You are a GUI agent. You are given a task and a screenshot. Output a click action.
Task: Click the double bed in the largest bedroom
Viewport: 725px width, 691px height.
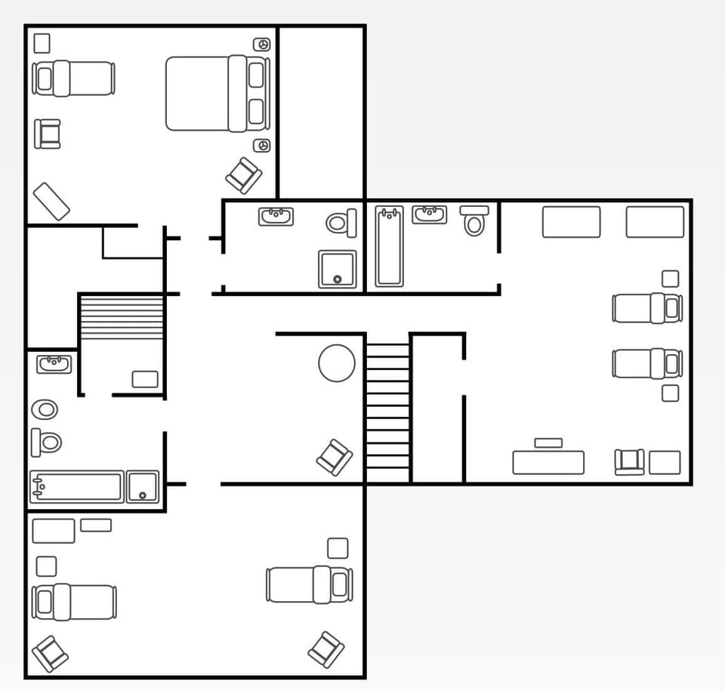pyautogui.click(x=217, y=94)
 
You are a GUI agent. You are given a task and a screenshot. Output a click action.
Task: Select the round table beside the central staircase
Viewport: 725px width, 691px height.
pyautogui.click(x=337, y=363)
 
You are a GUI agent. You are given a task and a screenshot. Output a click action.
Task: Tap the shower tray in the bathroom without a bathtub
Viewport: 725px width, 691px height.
pyautogui.click(x=337, y=269)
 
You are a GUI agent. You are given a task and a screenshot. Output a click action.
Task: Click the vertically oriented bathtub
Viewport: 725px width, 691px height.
pyautogui.click(x=390, y=246)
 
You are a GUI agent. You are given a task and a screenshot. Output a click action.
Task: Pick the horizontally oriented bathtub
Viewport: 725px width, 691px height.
pyautogui.click(x=76, y=487)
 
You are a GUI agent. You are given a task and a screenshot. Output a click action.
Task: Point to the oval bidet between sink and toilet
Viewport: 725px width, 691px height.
pyautogui.click(x=45, y=409)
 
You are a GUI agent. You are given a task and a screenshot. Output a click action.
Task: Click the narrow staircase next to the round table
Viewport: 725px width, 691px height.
pyautogui.click(x=388, y=408)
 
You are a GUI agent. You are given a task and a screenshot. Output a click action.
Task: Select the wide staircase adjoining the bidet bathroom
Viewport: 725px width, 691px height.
pyautogui.click(x=122, y=317)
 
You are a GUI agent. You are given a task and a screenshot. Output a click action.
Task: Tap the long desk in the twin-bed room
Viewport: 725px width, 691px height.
pyautogui.click(x=548, y=462)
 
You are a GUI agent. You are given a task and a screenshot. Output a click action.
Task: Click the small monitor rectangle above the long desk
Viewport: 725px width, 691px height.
pyautogui.click(x=548, y=443)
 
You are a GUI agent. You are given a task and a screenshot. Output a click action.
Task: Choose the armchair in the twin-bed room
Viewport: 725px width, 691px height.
pyautogui.click(x=629, y=461)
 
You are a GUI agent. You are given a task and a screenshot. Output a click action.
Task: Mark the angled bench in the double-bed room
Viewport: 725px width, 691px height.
pyautogui.click(x=52, y=201)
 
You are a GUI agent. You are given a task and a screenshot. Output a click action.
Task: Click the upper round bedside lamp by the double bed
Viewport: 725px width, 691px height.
pyautogui.click(x=261, y=45)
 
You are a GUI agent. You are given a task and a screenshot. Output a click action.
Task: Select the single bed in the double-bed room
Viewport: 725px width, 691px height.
pyautogui.click(x=73, y=79)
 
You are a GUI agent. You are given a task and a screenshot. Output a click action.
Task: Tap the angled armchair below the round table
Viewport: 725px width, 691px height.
pyautogui.click(x=335, y=457)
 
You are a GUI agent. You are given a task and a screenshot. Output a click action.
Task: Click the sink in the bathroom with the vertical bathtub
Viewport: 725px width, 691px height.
pyautogui.click(x=429, y=215)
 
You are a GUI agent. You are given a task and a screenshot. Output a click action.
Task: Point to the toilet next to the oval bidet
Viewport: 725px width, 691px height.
pyautogui.click(x=47, y=442)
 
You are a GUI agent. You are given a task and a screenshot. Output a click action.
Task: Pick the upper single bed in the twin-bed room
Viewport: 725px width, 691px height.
pyautogui.click(x=647, y=308)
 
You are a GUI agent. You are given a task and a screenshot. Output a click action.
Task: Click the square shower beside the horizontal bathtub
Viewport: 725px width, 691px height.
pyautogui.click(x=143, y=487)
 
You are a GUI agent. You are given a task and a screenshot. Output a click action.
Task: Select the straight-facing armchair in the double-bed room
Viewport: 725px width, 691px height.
pyautogui.click(x=48, y=134)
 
